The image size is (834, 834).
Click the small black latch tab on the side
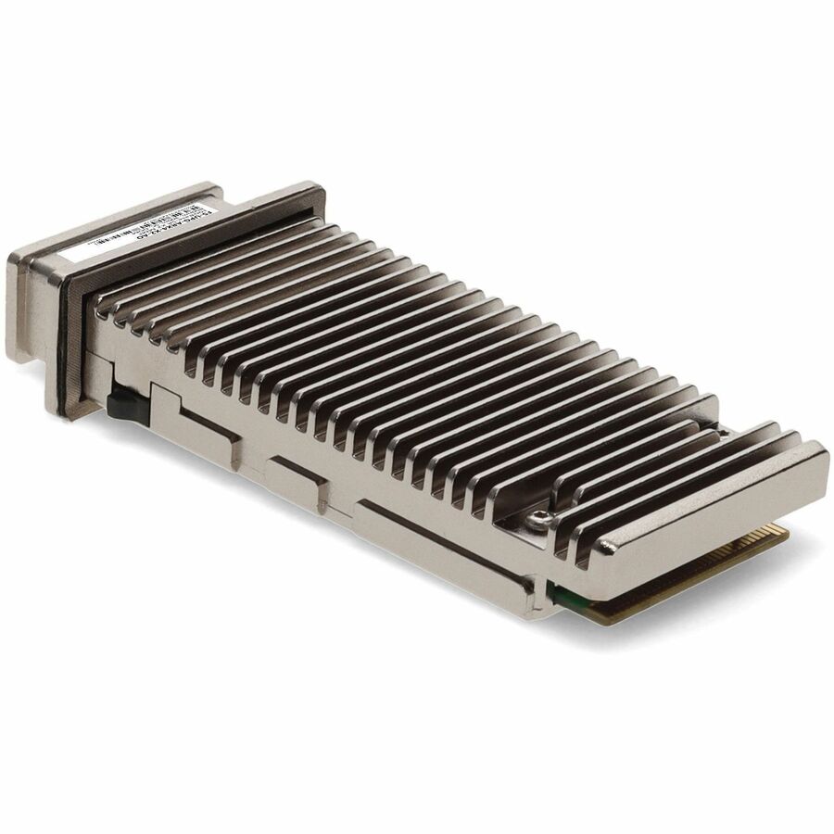point(120,404)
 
